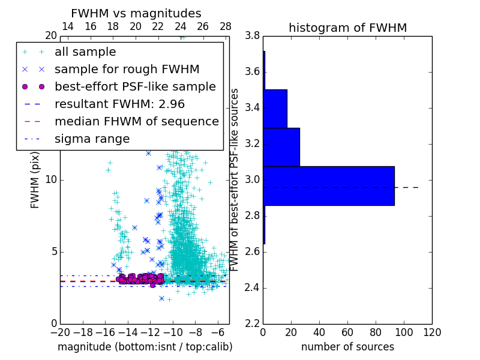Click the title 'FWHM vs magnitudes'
coord(136,13)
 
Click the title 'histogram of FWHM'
coord(347,28)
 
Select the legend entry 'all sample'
coord(85,52)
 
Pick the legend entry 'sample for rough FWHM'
coord(127,69)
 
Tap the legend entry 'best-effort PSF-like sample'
coord(135,86)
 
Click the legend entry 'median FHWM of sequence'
coord(136,121)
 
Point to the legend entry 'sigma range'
coord(92,139)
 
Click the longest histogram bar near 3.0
coord(328,185)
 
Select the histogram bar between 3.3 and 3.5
coord(275,109)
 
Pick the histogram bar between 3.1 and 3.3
coord(281,147)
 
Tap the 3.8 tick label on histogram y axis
coord(252,36)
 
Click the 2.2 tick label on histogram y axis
coord(252,323)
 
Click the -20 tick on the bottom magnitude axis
coord(60,332)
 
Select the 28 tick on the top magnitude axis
coord(226,26)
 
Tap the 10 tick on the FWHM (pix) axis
coord(52,179)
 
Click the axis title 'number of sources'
coord(347,347)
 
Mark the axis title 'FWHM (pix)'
coord(35,181)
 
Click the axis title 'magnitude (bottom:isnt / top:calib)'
coord(145,347)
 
